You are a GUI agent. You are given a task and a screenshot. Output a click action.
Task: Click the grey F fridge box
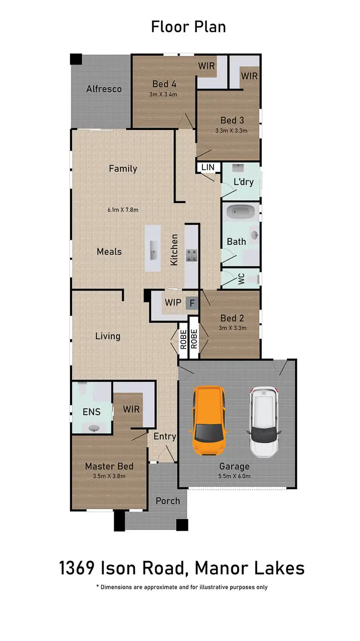192,303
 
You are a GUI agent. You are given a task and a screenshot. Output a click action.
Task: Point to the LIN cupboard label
208,168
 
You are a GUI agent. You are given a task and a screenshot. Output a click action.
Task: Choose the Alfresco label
104,89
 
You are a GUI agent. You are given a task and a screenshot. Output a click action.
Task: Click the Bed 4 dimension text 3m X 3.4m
163,95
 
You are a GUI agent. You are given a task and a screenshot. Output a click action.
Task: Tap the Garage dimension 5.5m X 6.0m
235,476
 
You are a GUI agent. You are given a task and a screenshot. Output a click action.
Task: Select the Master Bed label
109,466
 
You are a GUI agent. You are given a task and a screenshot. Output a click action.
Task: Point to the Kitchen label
174,250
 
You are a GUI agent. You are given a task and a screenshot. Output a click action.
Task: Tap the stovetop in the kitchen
192,255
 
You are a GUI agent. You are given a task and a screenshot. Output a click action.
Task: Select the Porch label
168,501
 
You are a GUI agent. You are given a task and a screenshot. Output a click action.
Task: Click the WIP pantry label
172,303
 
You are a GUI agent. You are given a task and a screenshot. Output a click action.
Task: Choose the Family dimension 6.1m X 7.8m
123,210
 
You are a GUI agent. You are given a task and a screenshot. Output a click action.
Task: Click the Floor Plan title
188,27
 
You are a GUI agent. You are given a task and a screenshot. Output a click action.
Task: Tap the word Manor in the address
215,568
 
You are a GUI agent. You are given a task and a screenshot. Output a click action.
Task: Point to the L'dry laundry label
243,182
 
